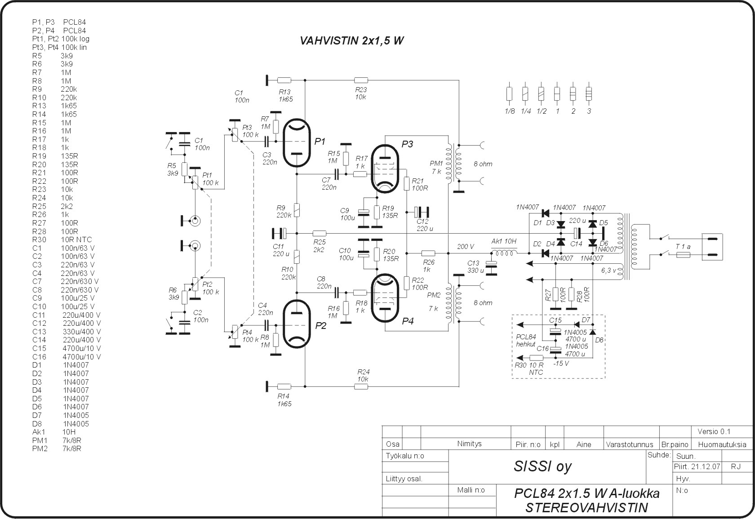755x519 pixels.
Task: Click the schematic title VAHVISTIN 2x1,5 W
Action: click(351, 41)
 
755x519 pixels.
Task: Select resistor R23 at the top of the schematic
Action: click(361, 80)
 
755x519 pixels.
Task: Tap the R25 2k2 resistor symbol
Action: click(319, 233)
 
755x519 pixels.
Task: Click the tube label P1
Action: click(320, 142)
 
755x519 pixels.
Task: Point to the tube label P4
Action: click(408, 321)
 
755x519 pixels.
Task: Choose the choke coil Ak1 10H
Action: click(504, 253)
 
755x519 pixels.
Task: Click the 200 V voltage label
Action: click(466, 247)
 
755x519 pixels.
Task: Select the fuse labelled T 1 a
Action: click(683, 255)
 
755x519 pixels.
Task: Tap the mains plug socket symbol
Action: click(712, 247)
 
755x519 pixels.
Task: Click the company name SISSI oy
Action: click(543, 466)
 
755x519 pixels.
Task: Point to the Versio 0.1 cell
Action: click(714, 432)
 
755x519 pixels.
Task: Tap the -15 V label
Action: click(561, 364)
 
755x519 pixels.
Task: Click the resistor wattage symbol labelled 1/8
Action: click(510, 93)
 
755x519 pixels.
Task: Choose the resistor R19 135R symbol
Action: click(377, 212)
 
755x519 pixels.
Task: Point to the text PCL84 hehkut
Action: click(526, 341)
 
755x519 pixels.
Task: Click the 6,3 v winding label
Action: click(608, 271)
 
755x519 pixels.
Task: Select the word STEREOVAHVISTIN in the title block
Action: click(587, 508)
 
